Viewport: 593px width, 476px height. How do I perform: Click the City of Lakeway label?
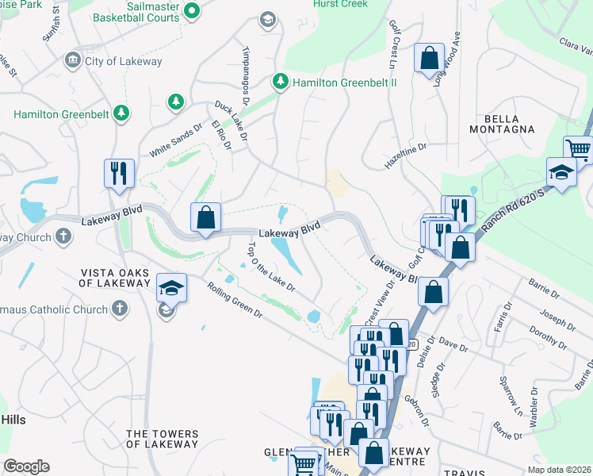[122, 61]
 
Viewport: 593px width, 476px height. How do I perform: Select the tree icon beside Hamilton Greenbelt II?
[280, 82]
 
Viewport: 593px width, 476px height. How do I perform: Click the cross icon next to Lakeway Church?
[63, 236]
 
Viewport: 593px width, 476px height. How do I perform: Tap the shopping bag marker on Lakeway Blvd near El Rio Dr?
[205, 218]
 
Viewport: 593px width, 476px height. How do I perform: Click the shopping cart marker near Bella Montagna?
[578, 148]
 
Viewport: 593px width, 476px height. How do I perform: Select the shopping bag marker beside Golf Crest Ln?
[429, 58]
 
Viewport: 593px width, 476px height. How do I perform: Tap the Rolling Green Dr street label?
[235, 302]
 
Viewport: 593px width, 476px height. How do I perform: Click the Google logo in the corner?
[26, 466]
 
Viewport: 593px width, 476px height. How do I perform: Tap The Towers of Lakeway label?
[162, 439]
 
